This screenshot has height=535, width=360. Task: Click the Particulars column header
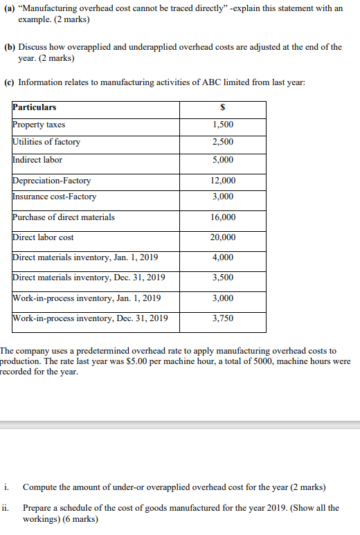click(35, 108)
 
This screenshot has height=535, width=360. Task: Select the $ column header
click(223, 108)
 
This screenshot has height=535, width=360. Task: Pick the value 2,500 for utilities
click(223, 142)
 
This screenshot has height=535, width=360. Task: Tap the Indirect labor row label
click(37, 160)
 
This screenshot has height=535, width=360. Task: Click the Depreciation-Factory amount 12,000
click(223, 181)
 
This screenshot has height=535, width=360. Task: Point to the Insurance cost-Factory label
click(55, 197)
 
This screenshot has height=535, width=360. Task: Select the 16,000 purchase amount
click(223, 217)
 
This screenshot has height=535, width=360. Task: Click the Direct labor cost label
click(43, 237)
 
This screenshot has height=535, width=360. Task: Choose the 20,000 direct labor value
click(223, 237)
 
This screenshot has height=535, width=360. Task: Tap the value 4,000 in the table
click(223, 257)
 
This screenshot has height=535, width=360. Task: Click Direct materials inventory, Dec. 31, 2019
click(89, 278)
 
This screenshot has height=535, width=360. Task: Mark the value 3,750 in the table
click(223, 318)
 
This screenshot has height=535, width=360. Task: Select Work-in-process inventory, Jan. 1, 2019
click(87, 298)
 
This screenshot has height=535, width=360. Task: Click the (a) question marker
click(10, 8)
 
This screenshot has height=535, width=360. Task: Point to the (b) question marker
click(10, 47)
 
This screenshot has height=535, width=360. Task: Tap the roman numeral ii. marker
click(6, 507)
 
